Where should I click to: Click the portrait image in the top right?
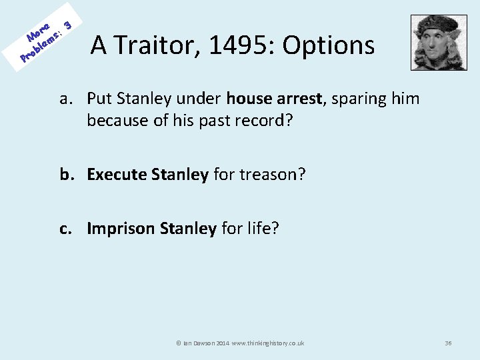439,43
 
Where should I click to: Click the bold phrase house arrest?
274,99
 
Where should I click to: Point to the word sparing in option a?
355,99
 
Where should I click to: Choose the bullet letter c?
65,229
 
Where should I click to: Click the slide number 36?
448,343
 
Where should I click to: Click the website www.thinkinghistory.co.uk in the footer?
267,343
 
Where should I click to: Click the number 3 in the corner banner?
67,23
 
